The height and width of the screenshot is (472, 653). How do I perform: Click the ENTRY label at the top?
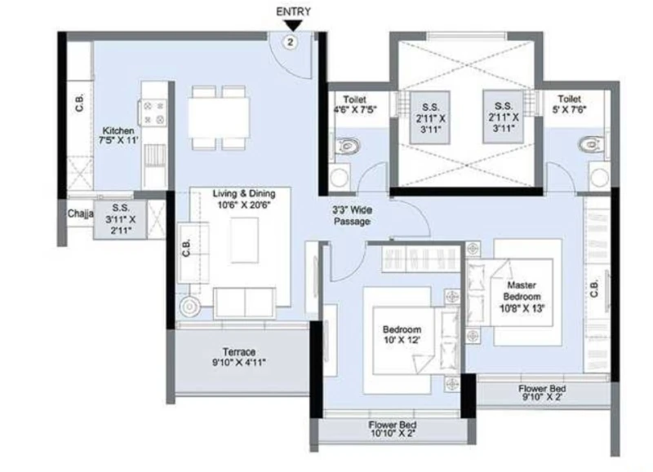pos(293,11)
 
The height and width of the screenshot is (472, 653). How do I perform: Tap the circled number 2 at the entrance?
pos(291,42)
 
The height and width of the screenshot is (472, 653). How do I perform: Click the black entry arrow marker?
pos(294,26)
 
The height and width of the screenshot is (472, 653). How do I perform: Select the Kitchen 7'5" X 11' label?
pos(118,135)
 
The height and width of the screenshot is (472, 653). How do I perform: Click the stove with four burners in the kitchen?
pos(153,112)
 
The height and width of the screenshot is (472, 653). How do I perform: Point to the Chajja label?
pos(80,214)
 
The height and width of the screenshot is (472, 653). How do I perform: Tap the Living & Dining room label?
pos(244,199)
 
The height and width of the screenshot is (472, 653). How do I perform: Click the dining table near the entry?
pos(219,117)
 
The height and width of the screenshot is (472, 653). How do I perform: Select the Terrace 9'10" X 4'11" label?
pos(239,357)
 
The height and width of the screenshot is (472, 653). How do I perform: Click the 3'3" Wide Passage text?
pos(353,215)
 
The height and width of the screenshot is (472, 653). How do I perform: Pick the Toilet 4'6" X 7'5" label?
pos(355,105)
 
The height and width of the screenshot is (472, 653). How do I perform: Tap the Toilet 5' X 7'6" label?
pos(569,104)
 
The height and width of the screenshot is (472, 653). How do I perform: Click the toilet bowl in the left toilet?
pos(347,147)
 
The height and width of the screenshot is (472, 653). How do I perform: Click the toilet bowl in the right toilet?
pos(592,144)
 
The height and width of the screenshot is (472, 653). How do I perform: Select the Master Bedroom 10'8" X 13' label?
pos(522,297)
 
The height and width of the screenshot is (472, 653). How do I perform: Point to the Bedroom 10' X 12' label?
pos(402,334)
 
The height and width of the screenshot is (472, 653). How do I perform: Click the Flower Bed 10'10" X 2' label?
pos(393,429)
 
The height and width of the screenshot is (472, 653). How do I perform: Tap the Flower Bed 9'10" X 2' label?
pos(542,392)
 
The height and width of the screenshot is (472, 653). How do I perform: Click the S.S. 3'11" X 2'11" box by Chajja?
pos(120,219)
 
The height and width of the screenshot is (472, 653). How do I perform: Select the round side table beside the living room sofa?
pos(190,307)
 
